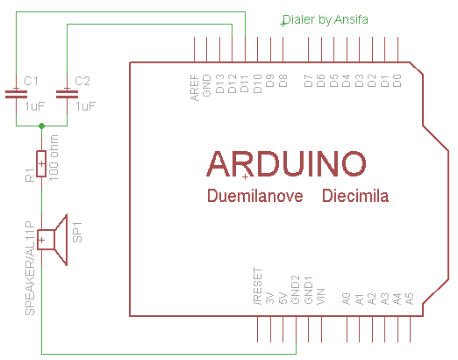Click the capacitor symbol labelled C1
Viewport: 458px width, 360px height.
(16, 94)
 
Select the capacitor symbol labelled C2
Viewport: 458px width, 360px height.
(67, 94)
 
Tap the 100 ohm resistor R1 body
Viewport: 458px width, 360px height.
(41, 163)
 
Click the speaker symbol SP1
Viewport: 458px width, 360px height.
(53, 240)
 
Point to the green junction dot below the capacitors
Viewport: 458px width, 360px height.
(41, 126)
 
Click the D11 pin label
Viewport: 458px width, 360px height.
(245, 83)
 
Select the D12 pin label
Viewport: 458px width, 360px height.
(232, 83)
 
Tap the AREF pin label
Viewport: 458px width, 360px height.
(194, 88)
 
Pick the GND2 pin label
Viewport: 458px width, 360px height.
(296, 290)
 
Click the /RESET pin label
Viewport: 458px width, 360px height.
(258, 286)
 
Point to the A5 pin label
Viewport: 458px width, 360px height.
(410, 299)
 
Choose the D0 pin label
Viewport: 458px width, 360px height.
(397, 81)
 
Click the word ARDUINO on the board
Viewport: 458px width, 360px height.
(286, 164)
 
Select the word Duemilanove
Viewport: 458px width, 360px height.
(255, 196)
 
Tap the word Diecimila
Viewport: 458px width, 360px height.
(355, 196)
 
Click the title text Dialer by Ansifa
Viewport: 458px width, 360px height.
(326, 19)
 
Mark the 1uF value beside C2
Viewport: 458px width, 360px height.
(86, 106)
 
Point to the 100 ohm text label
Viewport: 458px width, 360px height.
(54, 158)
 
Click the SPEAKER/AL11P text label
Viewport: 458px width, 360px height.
(30, 269)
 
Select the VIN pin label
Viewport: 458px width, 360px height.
(321, 297)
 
